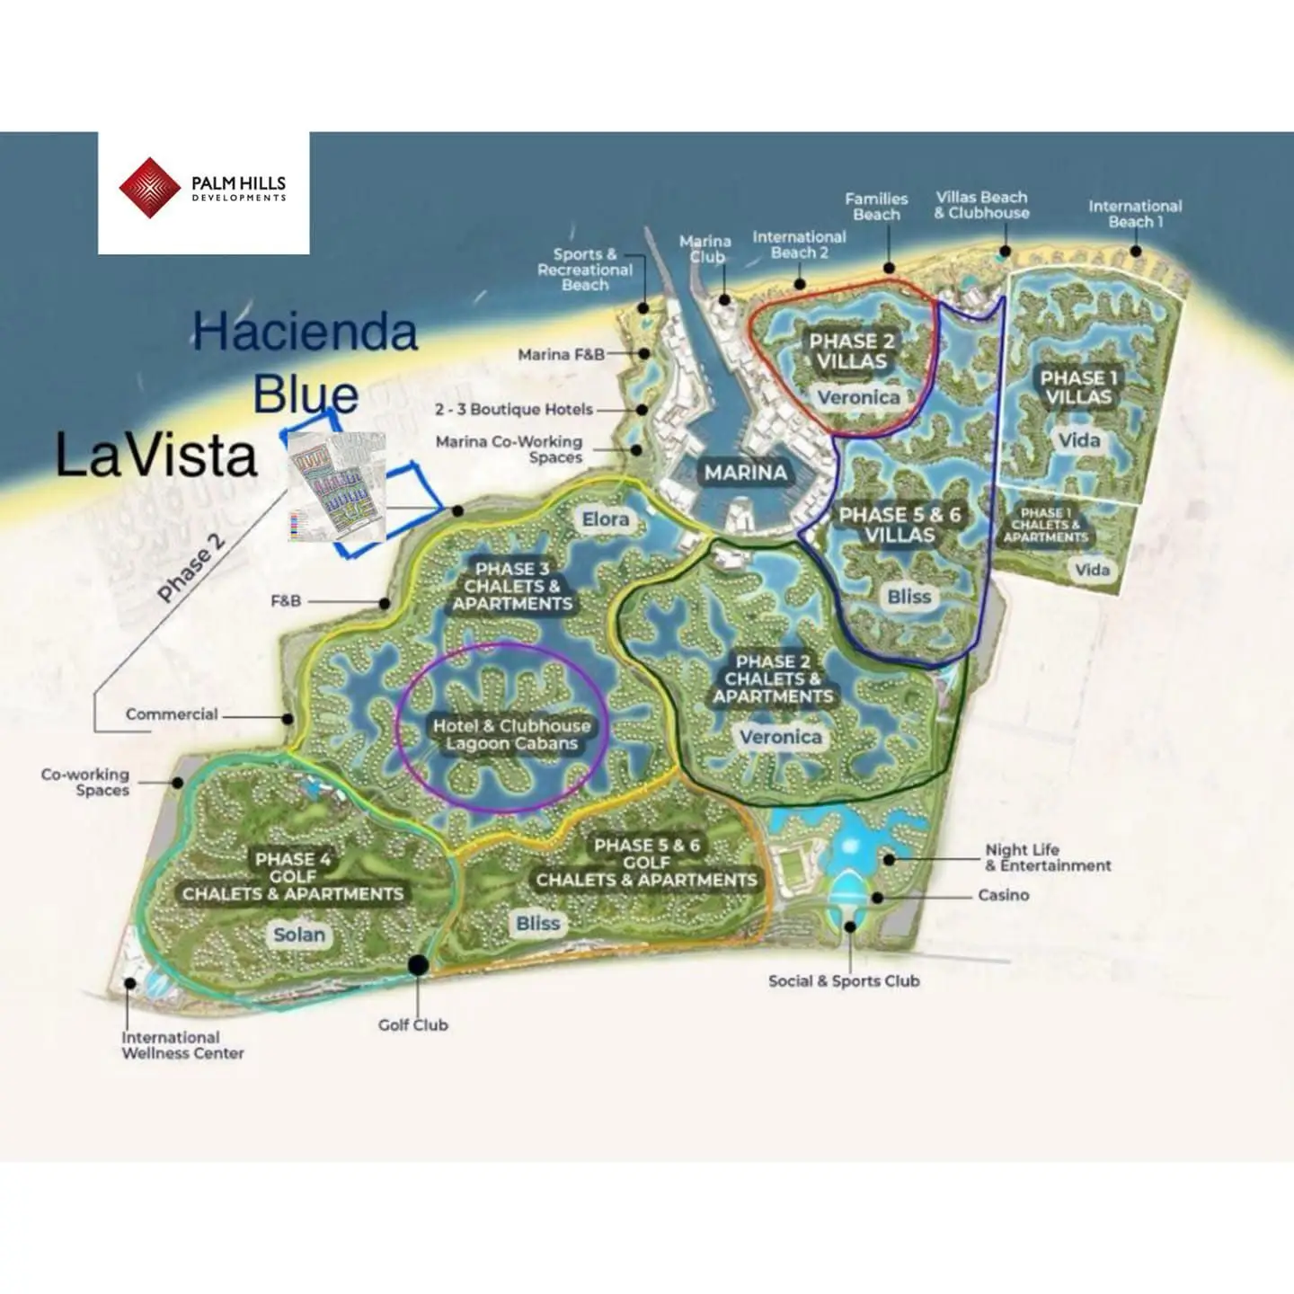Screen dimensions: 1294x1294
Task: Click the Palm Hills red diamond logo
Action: click(x=149, y=188)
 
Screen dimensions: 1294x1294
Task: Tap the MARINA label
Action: click(x=745, y=473)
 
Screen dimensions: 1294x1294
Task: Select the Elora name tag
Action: click(x=605, y=519)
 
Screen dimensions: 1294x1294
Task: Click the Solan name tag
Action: click(x=299, y=935)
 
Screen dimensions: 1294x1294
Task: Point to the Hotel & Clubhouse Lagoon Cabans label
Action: click(x=511, y=735)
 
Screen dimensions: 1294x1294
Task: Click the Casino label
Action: click(x=1003, y=895)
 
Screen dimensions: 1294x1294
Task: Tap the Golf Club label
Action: click(x=412, y=1024)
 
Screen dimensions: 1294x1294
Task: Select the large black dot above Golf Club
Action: click(x=418, y=965)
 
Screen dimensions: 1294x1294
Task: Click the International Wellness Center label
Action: click(x=182, y=1045)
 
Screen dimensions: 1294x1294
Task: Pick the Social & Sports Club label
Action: click(x=844, y=981)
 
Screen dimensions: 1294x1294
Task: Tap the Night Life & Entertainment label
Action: click(x=1048, y=857)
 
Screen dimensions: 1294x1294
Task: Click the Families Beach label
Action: click(x=876, y=207)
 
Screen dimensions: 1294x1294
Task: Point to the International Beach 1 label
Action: click(x=1135, y=214)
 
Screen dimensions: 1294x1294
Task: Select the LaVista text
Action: click(x=156, y=456)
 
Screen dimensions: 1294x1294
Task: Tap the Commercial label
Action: click(x=172, y=714)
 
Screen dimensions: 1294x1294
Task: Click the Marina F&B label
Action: click(x=561, y=355)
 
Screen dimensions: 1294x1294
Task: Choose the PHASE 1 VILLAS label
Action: click(x=1078, y=387)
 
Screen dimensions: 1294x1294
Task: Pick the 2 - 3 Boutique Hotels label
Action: click(x=514, y=410)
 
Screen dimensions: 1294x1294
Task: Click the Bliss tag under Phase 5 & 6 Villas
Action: click(x=908, y=597)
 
